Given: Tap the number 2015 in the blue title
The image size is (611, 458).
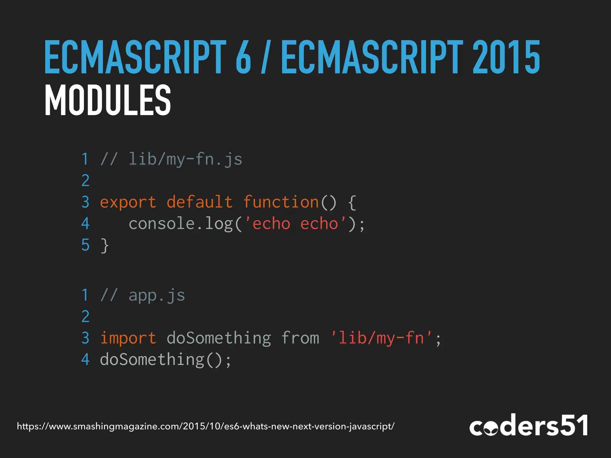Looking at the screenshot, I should click(x=506, y=57).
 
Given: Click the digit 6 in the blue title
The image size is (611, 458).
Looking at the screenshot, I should click(x=243, y=57).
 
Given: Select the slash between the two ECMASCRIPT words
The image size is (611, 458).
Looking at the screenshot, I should click(x=264, y=57).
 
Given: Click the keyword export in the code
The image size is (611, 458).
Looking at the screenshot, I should click(x=128, y=202).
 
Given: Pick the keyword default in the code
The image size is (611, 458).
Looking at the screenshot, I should click(x=199, y=202).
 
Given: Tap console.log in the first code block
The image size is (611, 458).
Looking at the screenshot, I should click(x=180, y=224).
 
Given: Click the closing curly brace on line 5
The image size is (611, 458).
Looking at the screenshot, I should click(x=104, y=245).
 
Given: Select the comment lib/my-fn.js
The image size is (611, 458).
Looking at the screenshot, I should click(x=185, y=159).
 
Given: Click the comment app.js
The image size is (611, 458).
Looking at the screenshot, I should click(x=157, y=295).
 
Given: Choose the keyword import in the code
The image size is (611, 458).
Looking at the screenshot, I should click(x=128, y=338).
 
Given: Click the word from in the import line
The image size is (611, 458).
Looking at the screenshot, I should click(x=300, y=338).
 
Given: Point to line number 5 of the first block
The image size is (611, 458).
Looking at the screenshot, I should click(x=85, y=245).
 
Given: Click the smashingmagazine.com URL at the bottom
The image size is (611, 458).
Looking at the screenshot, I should click(x=206, y=426).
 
